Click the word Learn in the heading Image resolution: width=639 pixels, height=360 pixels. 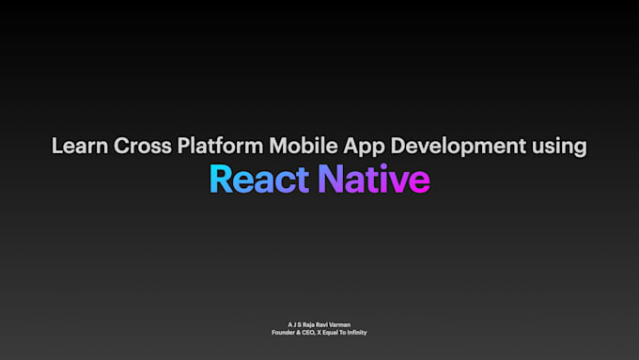(x=78, y=147)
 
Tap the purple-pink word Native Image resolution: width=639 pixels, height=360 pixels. (x=374, y=179)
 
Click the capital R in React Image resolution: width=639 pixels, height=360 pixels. (x=219, y=179)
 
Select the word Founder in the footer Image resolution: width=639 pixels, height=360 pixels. (x=284, y=332)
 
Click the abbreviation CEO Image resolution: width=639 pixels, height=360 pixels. (x=310, y=332)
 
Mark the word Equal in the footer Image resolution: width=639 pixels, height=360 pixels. (x=335, y=332)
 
